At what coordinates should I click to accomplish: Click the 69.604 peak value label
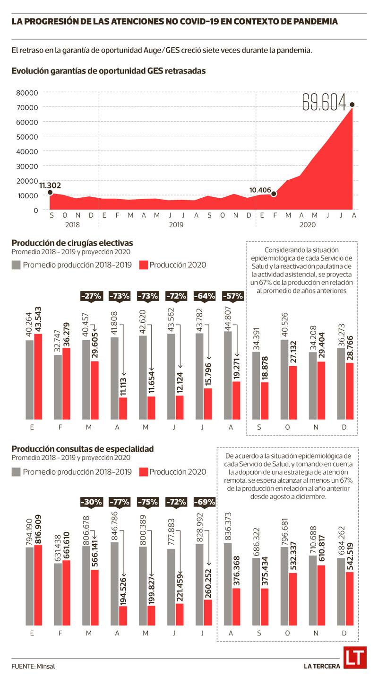tap(324, 103)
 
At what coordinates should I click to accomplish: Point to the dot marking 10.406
tap(273, 194)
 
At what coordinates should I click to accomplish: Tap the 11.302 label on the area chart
tap(50, 185)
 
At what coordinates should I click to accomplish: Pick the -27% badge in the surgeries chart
tap(91, 296)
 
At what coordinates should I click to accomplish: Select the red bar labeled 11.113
tap(123, 408)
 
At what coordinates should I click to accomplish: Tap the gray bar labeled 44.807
tap(228, 375)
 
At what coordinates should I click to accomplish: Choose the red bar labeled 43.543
tap(38, 376)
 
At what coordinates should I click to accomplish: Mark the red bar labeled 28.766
tap(349, 391)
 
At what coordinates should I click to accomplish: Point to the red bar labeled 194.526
tap(123, 616)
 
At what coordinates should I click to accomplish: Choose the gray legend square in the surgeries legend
tap(16, 265)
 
